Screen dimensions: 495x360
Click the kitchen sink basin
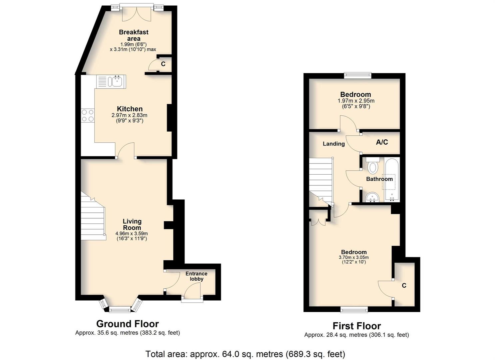tap(116, 82)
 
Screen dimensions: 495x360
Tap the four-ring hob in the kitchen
tap(88, 115)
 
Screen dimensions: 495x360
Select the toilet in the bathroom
tap(372, 166)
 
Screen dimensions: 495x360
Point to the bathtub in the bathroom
tap(392, 179)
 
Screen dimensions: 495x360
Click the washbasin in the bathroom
tap(372, 197)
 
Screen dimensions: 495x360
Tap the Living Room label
tap(132, 224)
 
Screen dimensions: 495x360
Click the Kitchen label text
tap(130, 109)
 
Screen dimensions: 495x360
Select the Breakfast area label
tap(134, 35)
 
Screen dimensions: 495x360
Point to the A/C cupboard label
tap(382, 142)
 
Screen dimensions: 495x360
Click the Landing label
tap(334, 144)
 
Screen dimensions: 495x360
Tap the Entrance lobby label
tap(197, 276)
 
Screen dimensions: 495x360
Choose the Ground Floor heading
tap(128, 324)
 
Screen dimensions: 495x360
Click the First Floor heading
tap(357, 326)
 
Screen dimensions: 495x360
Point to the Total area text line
tap(245, 354)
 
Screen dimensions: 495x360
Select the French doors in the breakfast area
tap(137, 13)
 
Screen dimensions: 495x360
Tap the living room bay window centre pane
tap(120, 309)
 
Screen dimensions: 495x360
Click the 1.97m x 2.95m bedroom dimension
tap(356, 101)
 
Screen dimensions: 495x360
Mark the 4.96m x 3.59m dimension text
tap(132, 234)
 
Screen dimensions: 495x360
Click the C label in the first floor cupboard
tap(404, 285)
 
